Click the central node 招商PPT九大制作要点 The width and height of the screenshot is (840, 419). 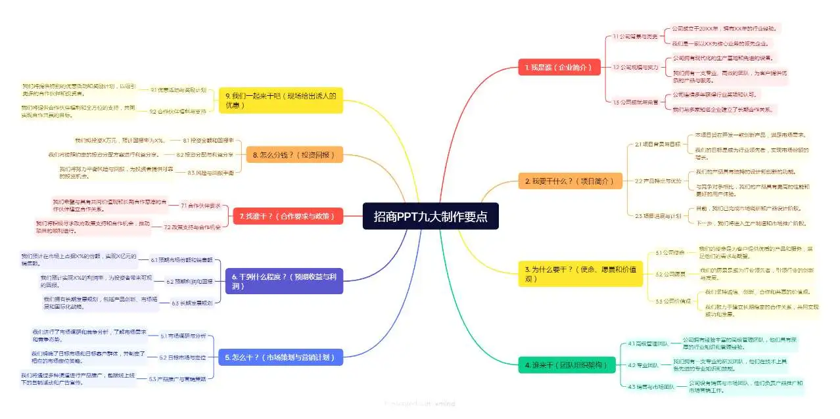click(x=431, y=217)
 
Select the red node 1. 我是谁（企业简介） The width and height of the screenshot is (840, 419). click(x=559, y=67)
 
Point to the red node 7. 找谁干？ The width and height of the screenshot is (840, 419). click(x=288, y=215)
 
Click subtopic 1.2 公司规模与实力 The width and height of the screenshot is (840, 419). click(x=635, y=67)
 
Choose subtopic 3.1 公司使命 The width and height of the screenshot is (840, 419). click(x=670, y=252)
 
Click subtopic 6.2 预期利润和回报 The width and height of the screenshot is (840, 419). click(x=189, y=281)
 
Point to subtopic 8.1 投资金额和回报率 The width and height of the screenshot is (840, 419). click(x=204, y=140)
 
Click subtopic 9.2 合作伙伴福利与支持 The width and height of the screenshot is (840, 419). click(x=177, y=111)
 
